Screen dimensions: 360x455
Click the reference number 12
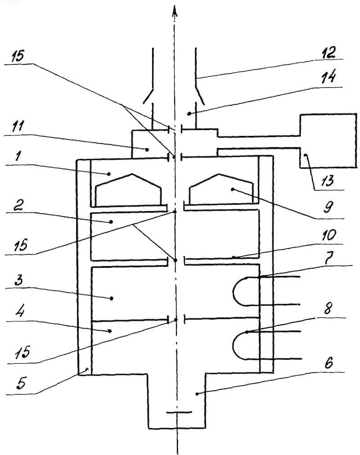pos(328,52)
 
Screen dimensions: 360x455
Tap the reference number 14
pos(328,78)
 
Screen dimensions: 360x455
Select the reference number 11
pos(18,127)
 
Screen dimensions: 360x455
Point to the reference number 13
pos(327,180)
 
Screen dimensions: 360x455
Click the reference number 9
pos(328,207)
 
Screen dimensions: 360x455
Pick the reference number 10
pos(328,235)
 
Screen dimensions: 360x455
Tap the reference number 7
pos(329,257)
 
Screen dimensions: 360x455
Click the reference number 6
pos(328,363)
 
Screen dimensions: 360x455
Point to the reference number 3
pos(18,280)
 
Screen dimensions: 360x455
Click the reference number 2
pos(18,206)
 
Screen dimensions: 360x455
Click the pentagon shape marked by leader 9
pos(221,189)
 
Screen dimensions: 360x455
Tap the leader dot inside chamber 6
pos(197,394)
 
